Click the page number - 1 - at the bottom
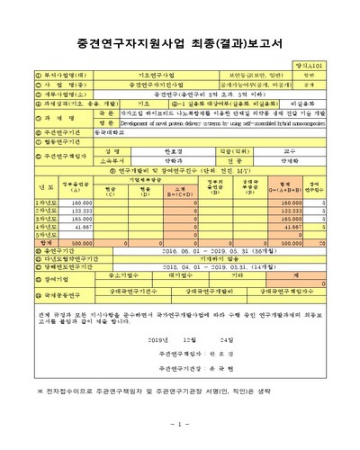pyautogui.click(x=179, y=423)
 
